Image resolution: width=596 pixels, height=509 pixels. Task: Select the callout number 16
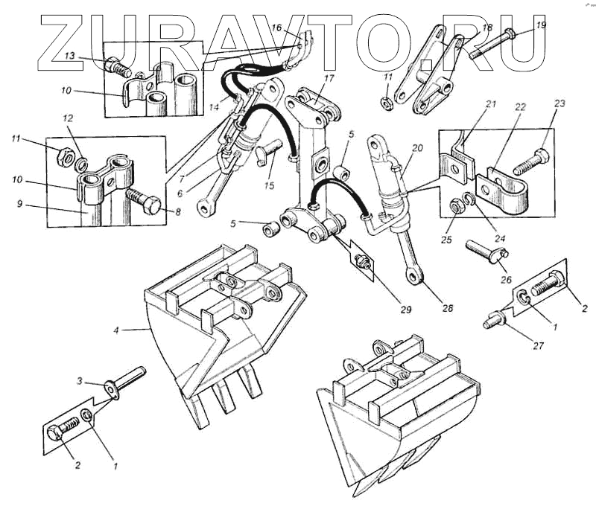click(276, 28)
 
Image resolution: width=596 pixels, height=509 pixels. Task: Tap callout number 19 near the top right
click(542, 25)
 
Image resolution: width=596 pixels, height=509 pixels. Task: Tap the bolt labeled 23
click(535, 159)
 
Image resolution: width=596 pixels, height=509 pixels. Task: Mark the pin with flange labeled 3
click(126, 380)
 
